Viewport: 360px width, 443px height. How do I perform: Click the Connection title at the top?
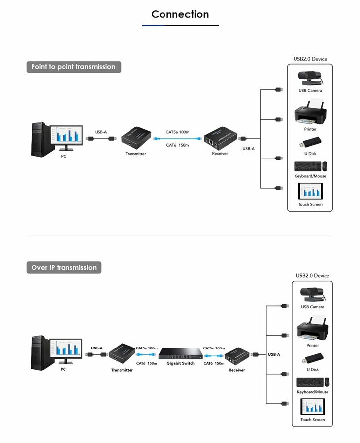pyautogui.click(x=180, y=14)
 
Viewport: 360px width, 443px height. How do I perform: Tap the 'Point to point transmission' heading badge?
pyautogui.click(x=74, y=67)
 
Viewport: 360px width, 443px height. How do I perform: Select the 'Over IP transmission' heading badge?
pyautogui.click(x=64, y=267)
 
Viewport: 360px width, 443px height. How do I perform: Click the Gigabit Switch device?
pyautogui.click(x=180, y=353)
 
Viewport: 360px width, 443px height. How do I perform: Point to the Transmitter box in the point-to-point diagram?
pyautogui.click(x=136, y=138)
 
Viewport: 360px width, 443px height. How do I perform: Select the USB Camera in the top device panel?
pyautogui.click(x=310, y=78)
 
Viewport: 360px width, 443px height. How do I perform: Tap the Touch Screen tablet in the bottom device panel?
pyautogui.click(x=313, y=407)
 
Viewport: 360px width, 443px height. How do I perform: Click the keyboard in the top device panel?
pyautogui.click(x=307, y=166)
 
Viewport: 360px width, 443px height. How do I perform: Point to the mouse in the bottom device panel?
pyautogui.click(x=327, y=382)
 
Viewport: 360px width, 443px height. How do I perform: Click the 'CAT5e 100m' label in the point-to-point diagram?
pyautogui.click(x=177, y=132)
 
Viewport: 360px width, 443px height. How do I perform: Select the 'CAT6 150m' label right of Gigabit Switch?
pyautogui.click(x=214, y=363)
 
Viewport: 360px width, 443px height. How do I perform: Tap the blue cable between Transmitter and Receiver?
pyautogui.click(x=177, y=139)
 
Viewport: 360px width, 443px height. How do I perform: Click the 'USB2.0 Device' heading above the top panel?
pyautogui.click(x=310, y=59)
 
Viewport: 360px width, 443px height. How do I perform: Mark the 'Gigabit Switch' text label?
pyautogui.click(x=181, y=363)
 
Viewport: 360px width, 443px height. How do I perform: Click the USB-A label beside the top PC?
pyautogui.click(x=101, y=132)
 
